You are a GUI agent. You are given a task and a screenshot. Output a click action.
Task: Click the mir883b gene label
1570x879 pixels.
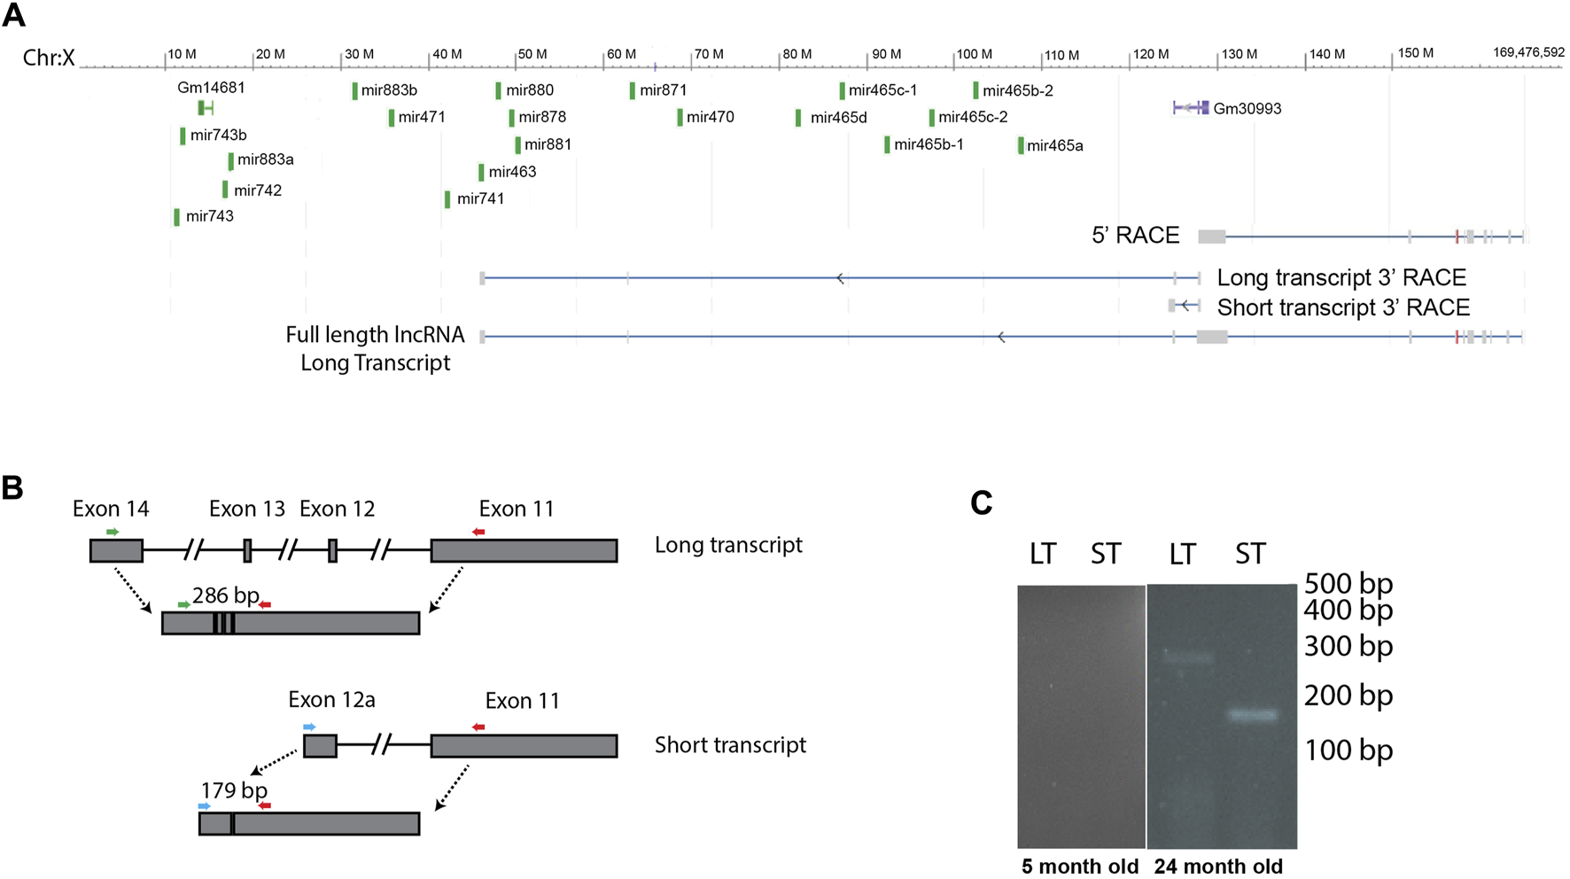(389, 90)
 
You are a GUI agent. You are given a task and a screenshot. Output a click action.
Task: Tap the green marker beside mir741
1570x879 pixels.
(447, 199)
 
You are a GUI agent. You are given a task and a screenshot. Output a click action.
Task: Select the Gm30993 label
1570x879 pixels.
(1247, 109)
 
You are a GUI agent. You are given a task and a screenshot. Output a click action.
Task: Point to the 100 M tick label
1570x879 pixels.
(974, 54)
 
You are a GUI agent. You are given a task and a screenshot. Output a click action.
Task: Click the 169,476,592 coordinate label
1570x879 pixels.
(1528, 52)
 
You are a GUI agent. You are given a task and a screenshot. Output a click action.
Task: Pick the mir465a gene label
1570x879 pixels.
(1054, 146)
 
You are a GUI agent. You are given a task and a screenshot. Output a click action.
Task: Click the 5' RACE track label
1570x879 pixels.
(1135, 236)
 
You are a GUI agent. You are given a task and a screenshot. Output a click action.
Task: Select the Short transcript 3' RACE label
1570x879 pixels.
(1343, 307)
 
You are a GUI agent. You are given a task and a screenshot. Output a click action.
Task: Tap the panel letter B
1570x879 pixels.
(12, 487)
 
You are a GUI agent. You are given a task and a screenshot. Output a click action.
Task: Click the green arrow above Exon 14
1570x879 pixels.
(113, 532)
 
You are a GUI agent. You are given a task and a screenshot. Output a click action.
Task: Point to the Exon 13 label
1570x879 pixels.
(247, 510)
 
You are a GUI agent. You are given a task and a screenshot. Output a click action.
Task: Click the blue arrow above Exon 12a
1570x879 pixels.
(309, 727)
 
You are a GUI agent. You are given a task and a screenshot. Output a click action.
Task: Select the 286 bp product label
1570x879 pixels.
(225, 595)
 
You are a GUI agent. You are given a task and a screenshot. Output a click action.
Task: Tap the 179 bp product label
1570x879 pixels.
(234, 790)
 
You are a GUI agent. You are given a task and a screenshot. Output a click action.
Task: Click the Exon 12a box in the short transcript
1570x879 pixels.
(320, 746)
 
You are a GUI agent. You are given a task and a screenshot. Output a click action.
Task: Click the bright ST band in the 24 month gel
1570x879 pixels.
(1253, 715)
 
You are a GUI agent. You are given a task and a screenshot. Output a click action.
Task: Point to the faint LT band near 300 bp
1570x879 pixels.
(1186, 658)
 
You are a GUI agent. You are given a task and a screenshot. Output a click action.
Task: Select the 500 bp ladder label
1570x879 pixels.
(1348, 584)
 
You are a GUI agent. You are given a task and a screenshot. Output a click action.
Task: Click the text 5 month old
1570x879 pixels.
(1079, 867)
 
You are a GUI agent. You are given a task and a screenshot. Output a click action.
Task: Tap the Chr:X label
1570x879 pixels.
(49, 58)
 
